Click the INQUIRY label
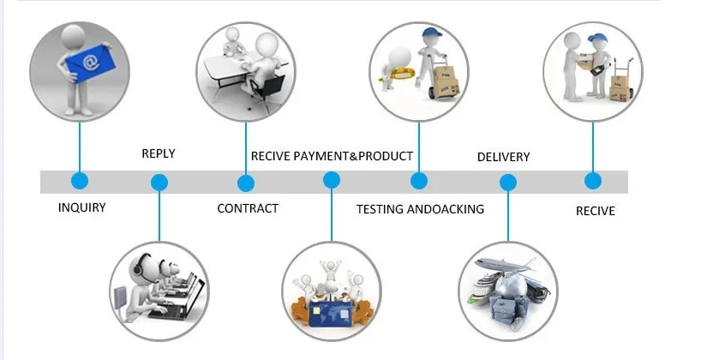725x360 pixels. pos(82,207)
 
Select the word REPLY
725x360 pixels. pos(158,153)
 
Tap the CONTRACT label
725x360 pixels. pos(248,208)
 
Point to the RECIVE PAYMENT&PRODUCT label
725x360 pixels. pos(332,156)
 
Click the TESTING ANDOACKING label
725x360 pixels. pos(420,209)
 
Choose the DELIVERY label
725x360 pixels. pos(503,157)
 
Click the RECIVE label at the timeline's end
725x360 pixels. pos(595,210)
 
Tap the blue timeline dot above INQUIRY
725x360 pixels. pos(80,181)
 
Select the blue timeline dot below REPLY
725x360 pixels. pos(159,182)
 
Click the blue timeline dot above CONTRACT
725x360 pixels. pos(246,183)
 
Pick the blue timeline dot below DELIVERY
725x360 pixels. pos(508,183)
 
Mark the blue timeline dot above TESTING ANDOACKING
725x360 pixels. pos(419,181)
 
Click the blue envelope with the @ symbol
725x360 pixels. pos(87,62)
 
